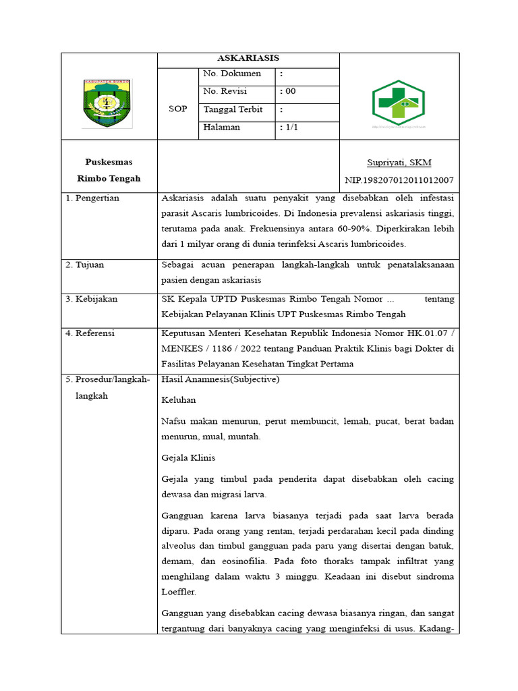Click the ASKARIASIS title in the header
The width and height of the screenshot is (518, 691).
(248, 59)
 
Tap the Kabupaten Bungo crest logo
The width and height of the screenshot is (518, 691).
(109, 103)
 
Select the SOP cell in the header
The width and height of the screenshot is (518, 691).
(177, 109)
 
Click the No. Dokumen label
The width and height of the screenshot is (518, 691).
(232, 74)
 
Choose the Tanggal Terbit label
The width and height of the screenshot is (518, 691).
(233, 109)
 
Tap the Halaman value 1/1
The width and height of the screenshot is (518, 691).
(289, 128)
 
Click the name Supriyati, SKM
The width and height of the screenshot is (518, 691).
(399, 163)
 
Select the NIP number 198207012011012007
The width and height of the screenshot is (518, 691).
(399, 180)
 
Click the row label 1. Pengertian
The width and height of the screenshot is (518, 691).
(92, 198)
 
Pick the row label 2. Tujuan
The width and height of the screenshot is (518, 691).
(85, 265)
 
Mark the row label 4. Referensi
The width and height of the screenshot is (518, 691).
(90, 333)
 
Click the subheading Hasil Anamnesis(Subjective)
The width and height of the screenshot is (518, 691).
(221, 380)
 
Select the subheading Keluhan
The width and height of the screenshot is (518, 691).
(179, 400)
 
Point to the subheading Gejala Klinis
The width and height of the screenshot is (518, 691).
(188, 458)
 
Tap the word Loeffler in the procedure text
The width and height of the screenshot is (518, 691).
(178, 592)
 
